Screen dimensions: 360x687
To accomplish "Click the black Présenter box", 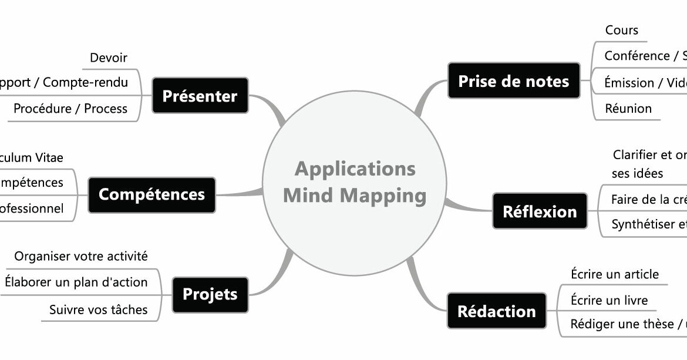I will [200, 96].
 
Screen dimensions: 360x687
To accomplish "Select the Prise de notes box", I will [513, 81].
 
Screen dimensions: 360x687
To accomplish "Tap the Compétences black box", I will [151, 194].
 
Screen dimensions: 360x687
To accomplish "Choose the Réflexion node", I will [539, 211].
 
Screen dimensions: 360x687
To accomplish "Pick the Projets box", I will [210, 294].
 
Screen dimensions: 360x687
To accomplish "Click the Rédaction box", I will [496, 311].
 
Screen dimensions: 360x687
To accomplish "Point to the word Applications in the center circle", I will [355, 169].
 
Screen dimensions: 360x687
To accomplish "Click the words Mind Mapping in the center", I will [355, 195].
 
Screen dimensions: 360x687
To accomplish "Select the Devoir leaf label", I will [109, 58].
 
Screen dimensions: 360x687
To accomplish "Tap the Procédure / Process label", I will [70, 109].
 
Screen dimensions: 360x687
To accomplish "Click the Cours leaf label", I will [621, 31].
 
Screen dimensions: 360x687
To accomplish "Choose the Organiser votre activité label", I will [81, 257].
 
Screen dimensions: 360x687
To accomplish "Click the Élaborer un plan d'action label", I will [76, 282].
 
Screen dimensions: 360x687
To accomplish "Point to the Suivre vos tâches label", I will [99, 309].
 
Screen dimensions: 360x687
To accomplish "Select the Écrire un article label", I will [615, 274].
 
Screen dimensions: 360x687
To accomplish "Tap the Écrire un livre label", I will [609, 301].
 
